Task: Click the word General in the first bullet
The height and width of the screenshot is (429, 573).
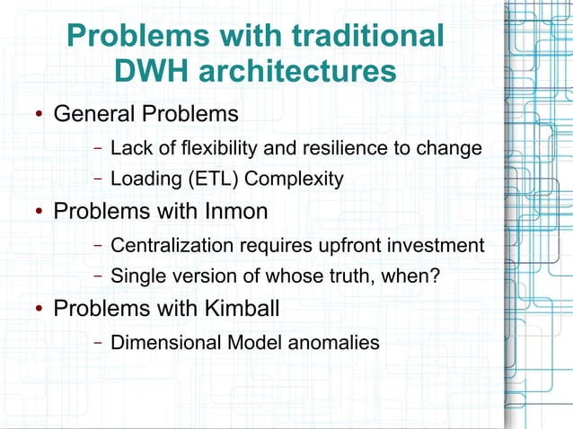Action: pos(92,115)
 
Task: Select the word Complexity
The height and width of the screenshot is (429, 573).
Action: pos(294,179)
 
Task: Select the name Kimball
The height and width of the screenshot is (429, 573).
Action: pos(238,309)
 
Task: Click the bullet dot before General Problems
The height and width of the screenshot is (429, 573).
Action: pos(40,116)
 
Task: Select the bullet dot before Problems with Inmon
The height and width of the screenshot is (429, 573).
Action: pos(40,213)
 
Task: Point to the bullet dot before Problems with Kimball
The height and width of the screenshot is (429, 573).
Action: pos(40,310)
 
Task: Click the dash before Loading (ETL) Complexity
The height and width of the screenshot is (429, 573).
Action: pos(97,179)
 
